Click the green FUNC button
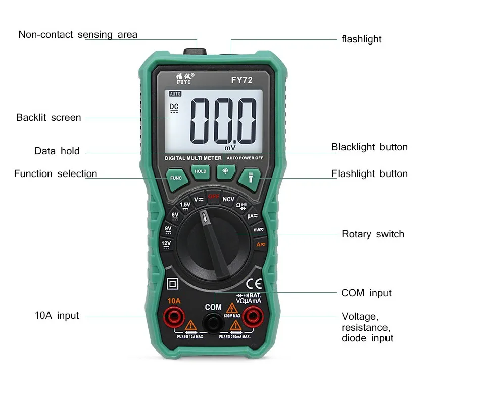[176, 178]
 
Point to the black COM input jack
[213, 321]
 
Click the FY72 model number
[242, 79]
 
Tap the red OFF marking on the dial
[213, 196]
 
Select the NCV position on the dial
[229, 199]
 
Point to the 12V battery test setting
[166, 244]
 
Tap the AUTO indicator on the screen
[175, 94]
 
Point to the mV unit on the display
[230, 148]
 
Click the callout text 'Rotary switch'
[373, 234]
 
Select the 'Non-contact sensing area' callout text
[78, 35]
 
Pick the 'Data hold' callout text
[57, 151]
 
